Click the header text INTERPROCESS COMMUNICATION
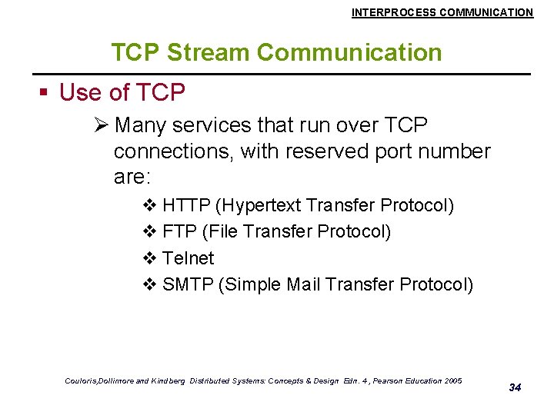click(442, 12)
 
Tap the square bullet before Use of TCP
click(45, 93)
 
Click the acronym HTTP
click(186, 206)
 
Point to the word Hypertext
click(259, 206)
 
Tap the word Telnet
click(189, 258)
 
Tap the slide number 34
click(515, 387)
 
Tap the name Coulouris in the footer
click(81, 380)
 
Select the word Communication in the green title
click(349, 52)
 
